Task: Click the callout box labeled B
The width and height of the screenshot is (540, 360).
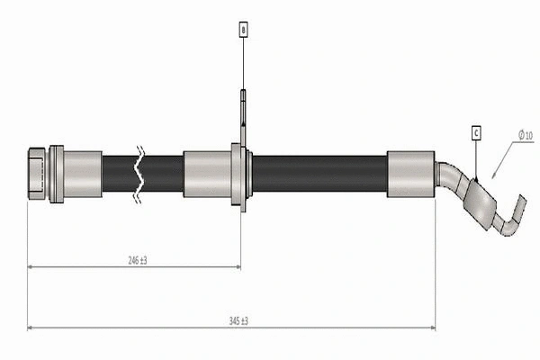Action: pos(243,30)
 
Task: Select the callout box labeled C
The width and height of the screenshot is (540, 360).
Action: pos(474,133)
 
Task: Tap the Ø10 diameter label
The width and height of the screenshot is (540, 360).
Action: pos(525,136)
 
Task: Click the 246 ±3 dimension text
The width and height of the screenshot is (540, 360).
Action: pos(137,260)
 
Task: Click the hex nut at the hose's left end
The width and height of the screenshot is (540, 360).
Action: pos(37,172)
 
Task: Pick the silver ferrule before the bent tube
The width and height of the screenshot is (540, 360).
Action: pos(411,173)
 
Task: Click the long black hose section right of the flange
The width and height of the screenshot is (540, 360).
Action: pos(319,173)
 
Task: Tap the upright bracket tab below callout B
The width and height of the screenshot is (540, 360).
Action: pos(243,112)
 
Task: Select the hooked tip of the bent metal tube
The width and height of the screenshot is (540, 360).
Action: pos(514,216)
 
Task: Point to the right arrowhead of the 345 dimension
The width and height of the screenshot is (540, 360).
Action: pos(432,328)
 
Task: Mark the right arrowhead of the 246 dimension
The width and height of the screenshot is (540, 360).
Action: pos(237,266)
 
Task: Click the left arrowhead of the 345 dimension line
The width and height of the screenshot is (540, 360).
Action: pos(31,328)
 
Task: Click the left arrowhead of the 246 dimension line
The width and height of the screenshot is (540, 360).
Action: pos(31,266)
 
